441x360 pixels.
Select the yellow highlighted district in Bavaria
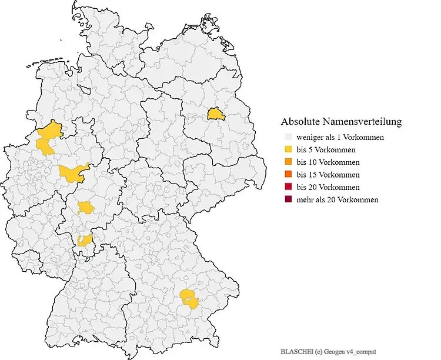(x=189, y=298)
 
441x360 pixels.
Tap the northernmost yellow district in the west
(x=51, y=130)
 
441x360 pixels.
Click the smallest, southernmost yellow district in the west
(x=85, y=239)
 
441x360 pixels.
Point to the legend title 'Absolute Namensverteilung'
(x=341, y=122)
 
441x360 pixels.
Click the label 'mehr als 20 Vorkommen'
(x=338, y=199)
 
